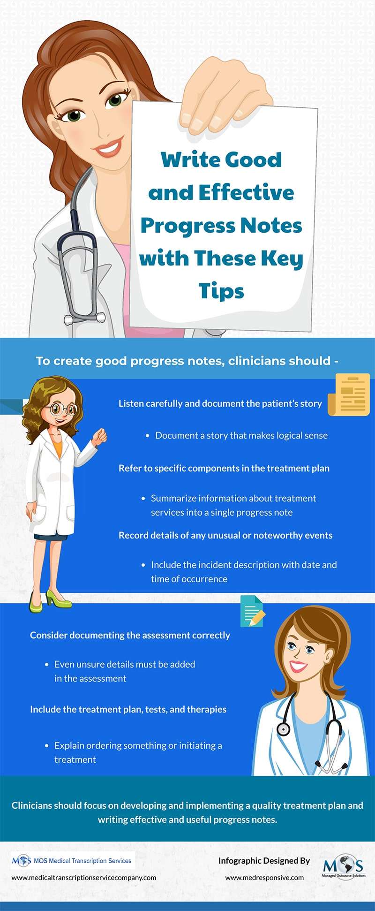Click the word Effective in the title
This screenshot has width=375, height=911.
pyautogui.click(x=246, y=192)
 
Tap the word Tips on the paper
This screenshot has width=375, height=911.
pyautogui.click(x=221, y=291)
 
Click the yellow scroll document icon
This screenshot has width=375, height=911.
pyautogui.click(x=349, y=395)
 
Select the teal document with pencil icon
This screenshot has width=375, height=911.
pyautogui.click(x=252, y=611)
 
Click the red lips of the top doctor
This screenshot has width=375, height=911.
pyautogui.click(x=109, y=149)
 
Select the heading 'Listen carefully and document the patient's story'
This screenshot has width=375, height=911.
pyautogui.click(x=220, y=403)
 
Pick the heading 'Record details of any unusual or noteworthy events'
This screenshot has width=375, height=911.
pyautogui.click(x=225, y=535)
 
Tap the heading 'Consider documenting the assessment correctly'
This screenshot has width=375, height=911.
pyautogui.click(x=130, y=635)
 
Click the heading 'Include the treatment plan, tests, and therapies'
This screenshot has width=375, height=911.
pyautogui.click(x=128, y=709)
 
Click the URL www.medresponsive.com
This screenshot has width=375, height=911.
pyautogui.click(x=264, y=878)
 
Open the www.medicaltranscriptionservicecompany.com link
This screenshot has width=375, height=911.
pyautogui.click(x=84, y=877)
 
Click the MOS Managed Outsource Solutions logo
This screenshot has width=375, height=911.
pyautogui.click(x=344, y=866)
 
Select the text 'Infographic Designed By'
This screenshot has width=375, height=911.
pyautogui.click(x=264, y=861)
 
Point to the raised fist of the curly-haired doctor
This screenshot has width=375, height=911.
pyautogui.click(x=99, y=437)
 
